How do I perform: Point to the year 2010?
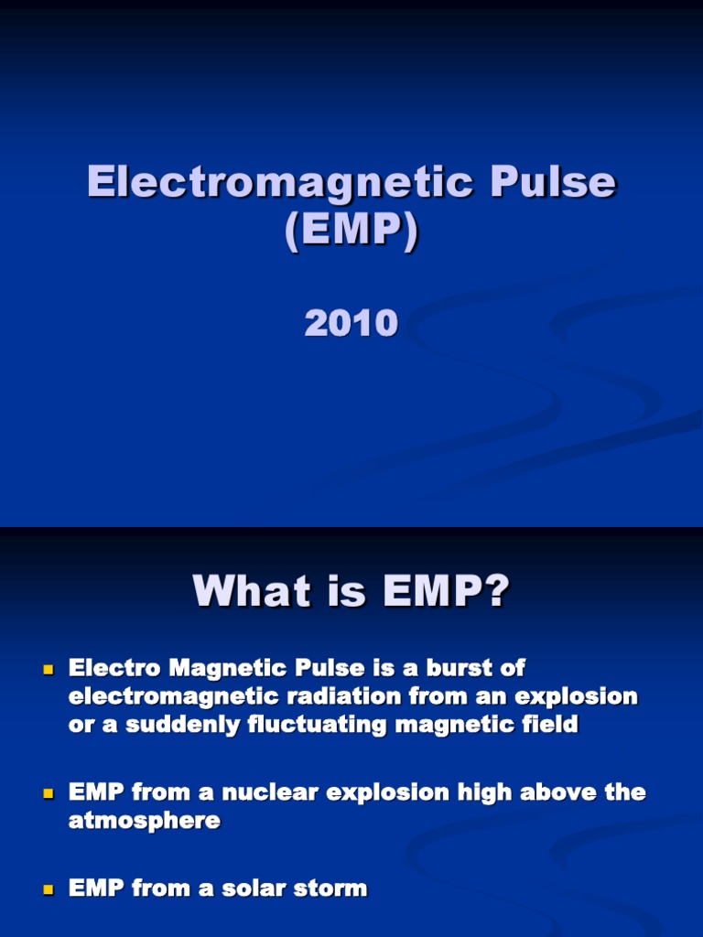coord(351,324)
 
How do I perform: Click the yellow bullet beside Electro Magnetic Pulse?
coord(49,671)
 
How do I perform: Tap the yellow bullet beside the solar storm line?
coord(49,889)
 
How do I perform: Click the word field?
coord(548,725)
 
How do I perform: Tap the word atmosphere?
coord(145,821)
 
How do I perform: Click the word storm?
coord(330,888)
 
